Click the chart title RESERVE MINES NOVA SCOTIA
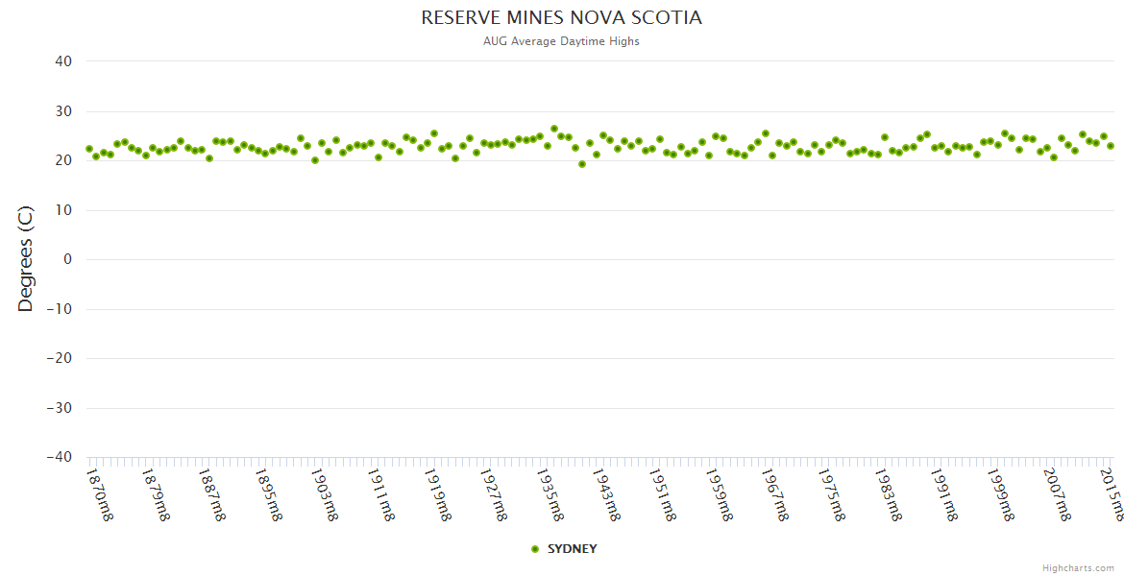point(561,18)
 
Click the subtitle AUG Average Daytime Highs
point(561,41)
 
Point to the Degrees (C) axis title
point(26,259)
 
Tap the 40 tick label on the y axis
point(62,61)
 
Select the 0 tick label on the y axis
point(67,259)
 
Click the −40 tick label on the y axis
point(59,457)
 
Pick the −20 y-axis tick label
point(59,358)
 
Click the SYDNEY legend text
point(572,549)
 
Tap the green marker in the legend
point(535,549)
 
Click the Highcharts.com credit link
point(1078,568)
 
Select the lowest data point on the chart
point(582,164)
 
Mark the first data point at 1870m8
point(89,149)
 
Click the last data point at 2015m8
point(1111,146)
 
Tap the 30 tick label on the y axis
point(62,111)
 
